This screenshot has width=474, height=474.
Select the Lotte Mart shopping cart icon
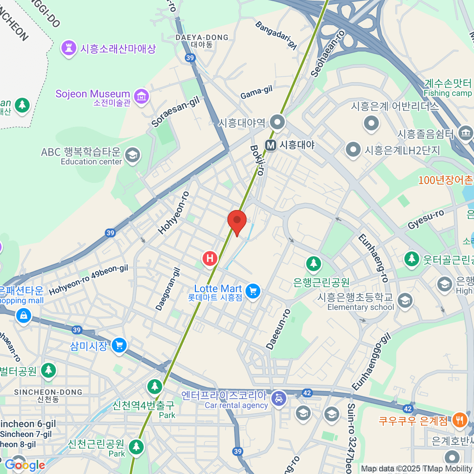[x=253, y=292]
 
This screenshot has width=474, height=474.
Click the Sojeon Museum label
[x=93, y=94]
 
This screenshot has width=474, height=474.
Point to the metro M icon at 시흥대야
[x=271, y=145]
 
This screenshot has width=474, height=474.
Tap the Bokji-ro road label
[x=257, y=160]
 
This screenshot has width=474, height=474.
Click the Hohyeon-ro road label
[x=174, y=213]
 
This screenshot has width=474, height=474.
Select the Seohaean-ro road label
[x=327, y=53]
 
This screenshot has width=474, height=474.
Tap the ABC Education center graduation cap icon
[x=132, y=155]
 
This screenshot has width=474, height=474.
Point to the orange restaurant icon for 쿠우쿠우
[x=459, y=420]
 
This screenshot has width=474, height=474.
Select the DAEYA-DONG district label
[x=202, y=38]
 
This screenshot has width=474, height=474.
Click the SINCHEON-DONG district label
[x=48, y=392]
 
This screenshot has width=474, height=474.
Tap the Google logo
[x=24, y=465]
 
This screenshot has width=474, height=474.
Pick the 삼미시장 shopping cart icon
[x=119, y=346]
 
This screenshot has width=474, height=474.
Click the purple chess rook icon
[x=69, y=49]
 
